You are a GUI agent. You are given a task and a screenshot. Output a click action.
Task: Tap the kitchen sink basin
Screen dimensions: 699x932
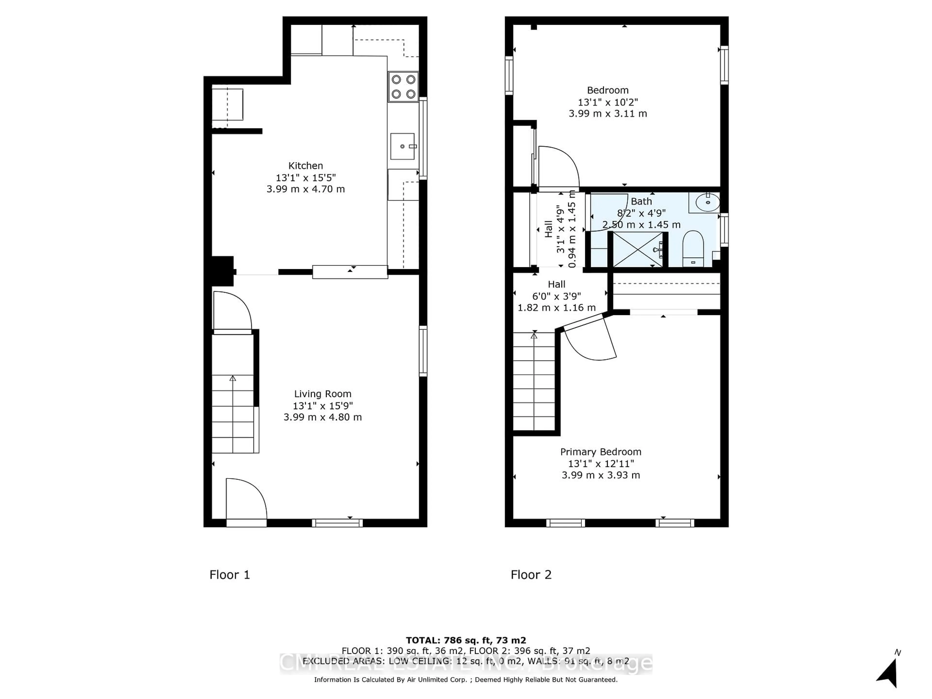(x=402, y=146)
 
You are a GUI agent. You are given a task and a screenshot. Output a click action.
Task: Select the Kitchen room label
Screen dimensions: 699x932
(x=306, y=166)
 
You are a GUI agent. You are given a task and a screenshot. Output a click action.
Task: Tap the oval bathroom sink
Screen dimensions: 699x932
(x=707, y=203)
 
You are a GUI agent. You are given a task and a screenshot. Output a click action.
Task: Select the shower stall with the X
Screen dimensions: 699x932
(x=638, y=250)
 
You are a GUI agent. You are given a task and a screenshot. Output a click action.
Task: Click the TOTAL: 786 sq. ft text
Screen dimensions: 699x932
(x=466, y=641)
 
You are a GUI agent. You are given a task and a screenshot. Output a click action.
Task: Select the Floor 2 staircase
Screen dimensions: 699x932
(x=534, y=381)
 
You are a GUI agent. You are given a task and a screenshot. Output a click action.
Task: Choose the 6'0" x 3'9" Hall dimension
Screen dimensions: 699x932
(x=556, y=296)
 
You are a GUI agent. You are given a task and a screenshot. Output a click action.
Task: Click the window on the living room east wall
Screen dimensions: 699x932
(x=423, y=351)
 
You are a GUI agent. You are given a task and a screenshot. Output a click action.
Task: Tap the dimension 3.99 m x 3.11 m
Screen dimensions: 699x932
(x=607, y=113)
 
